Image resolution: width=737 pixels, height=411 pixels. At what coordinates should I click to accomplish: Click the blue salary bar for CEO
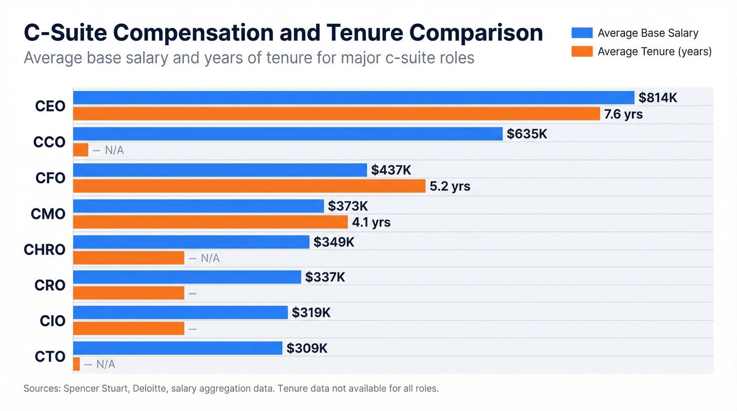tap(353, 98)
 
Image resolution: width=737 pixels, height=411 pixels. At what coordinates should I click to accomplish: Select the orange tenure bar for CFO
tap(248, 186)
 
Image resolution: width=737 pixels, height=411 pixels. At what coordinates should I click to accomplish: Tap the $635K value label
tap(527, 134)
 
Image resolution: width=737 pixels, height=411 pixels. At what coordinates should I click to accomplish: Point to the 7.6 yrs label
tap(623, 114)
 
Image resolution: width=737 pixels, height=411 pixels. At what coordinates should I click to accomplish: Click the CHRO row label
tap(45, 249)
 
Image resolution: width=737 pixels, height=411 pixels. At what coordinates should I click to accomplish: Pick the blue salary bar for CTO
tap(177, 348)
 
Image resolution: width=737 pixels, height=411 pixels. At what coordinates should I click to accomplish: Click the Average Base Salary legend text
tap(648, 33)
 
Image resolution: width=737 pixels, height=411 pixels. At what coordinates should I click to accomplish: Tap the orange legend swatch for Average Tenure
tap(582, 52)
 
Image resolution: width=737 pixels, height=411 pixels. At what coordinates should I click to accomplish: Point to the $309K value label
tap(307, 348)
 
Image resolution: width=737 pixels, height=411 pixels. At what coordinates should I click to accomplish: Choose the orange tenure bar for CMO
tap(210, 222)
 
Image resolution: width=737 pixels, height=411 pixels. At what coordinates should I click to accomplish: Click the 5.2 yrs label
tap(450, 186)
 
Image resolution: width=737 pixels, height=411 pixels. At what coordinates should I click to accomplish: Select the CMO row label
tap(48, 214)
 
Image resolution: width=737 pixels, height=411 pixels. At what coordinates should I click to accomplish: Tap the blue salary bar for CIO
tap(180, 313)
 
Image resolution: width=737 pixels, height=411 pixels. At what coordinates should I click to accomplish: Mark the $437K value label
tap(391, 170)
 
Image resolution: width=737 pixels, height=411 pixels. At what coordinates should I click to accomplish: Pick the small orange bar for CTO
tap(76, 364)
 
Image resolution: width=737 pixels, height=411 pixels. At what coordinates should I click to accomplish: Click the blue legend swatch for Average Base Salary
tap(582, 33)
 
